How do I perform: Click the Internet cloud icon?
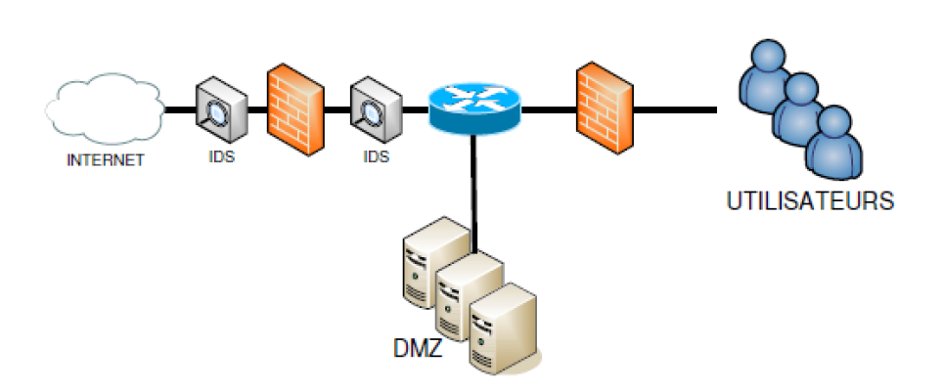click(105, 109)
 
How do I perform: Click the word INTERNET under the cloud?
click(106, 160)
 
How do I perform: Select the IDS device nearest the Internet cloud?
click(222, 109)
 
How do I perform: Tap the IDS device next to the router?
click(377, 109)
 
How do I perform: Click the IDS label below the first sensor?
click(222, 157)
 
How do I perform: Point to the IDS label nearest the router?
click(377, 157)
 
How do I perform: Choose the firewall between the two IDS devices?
click(295, 109)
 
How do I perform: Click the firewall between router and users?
click(605, 108)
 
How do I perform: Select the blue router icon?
click(474, 109)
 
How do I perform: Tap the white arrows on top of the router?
click(474, 99)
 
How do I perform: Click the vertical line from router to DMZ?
click(474, 194)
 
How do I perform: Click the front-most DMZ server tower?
click(504, 328)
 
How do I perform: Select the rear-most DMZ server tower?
click(436, 262)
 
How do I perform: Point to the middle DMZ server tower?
click(470, 296)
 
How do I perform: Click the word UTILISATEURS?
click(810, 201)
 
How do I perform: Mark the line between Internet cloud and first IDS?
click(180, 110)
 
